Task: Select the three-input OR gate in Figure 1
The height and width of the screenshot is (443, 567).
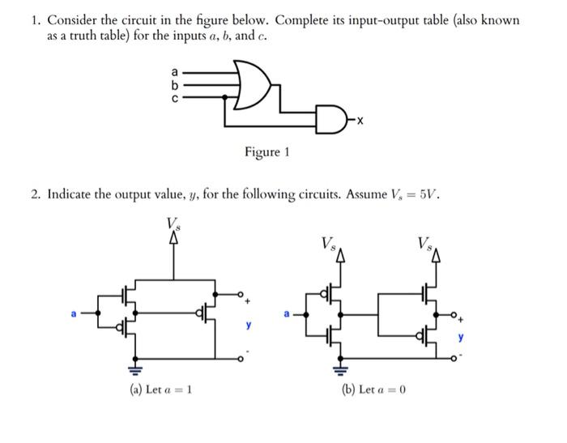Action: pos(250,83)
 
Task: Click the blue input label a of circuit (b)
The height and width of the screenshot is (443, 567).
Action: pos(285,312)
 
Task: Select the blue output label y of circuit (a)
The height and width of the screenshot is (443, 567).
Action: pos(249,326)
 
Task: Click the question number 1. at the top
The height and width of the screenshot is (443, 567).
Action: pos(36,20)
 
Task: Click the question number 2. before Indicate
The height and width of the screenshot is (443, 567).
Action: pos(36,194)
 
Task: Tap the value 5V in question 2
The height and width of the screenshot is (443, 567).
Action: pos(428,194)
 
